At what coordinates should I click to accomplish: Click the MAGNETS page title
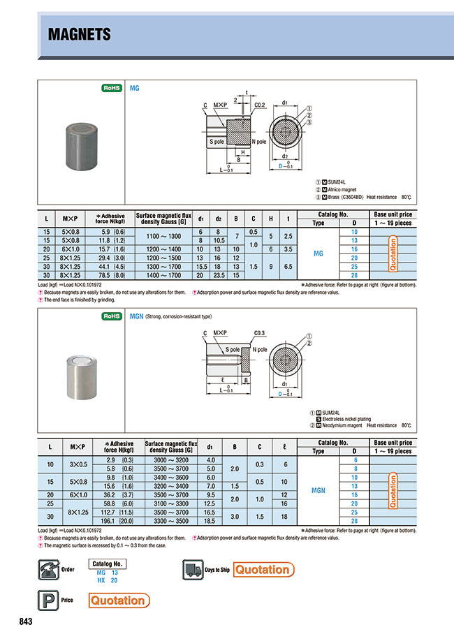tap(79, 35)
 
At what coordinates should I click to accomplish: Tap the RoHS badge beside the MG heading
tap(112, 89)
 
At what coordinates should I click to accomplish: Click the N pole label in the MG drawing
tap(258, 142)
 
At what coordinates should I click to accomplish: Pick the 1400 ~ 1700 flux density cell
tap(164, 276)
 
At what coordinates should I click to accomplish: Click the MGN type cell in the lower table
tap(318, 490)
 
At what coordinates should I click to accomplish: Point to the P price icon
tap(46, 600)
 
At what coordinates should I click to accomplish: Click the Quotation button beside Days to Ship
tap(262, 570)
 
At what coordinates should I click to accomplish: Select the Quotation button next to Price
tap(118, 600)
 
